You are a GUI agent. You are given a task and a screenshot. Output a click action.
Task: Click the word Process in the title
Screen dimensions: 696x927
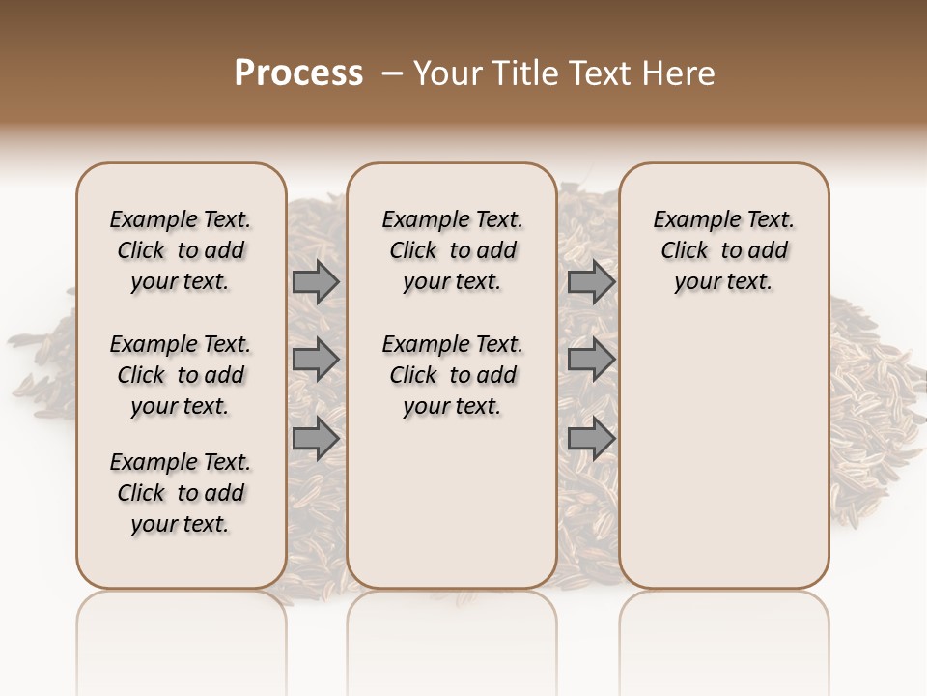point(298,72)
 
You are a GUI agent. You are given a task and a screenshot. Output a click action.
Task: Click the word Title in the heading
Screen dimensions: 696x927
point(521,72)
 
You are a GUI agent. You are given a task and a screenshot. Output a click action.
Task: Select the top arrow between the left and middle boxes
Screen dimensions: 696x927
point(316,281)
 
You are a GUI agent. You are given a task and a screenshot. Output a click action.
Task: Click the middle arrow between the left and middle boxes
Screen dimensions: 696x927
point(316,360)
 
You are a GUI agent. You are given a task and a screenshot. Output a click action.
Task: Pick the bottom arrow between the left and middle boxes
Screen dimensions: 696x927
point(316,438)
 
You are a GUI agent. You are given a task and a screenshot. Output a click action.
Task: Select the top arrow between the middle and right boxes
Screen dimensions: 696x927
point(591,281)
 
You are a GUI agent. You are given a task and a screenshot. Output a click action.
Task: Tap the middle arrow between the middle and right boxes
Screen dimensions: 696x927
point(591,360)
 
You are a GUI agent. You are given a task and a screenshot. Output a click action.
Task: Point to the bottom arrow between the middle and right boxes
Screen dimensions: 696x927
point(591,438)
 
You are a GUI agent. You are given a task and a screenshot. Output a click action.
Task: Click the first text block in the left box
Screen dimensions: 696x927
point(181,250)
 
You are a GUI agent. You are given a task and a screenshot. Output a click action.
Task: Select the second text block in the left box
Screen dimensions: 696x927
point(181,375)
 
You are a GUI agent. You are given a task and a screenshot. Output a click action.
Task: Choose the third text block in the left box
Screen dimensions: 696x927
point(181,493)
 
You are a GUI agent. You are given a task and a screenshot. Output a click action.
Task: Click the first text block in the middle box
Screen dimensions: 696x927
point(452,250)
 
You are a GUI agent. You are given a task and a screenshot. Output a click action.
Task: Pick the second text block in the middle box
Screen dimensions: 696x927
point(452,375)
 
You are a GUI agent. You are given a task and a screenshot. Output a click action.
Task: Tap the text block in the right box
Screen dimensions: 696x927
point(723,250)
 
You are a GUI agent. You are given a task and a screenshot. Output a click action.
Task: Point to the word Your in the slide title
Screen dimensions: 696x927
point(444,72)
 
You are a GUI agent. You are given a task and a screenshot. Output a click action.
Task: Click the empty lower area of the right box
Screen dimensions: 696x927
point(723,454)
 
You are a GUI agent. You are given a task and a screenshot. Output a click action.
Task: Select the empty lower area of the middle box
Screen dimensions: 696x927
point(452,503)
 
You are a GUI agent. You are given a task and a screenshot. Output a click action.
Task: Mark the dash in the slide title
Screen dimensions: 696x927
point(392,72)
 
